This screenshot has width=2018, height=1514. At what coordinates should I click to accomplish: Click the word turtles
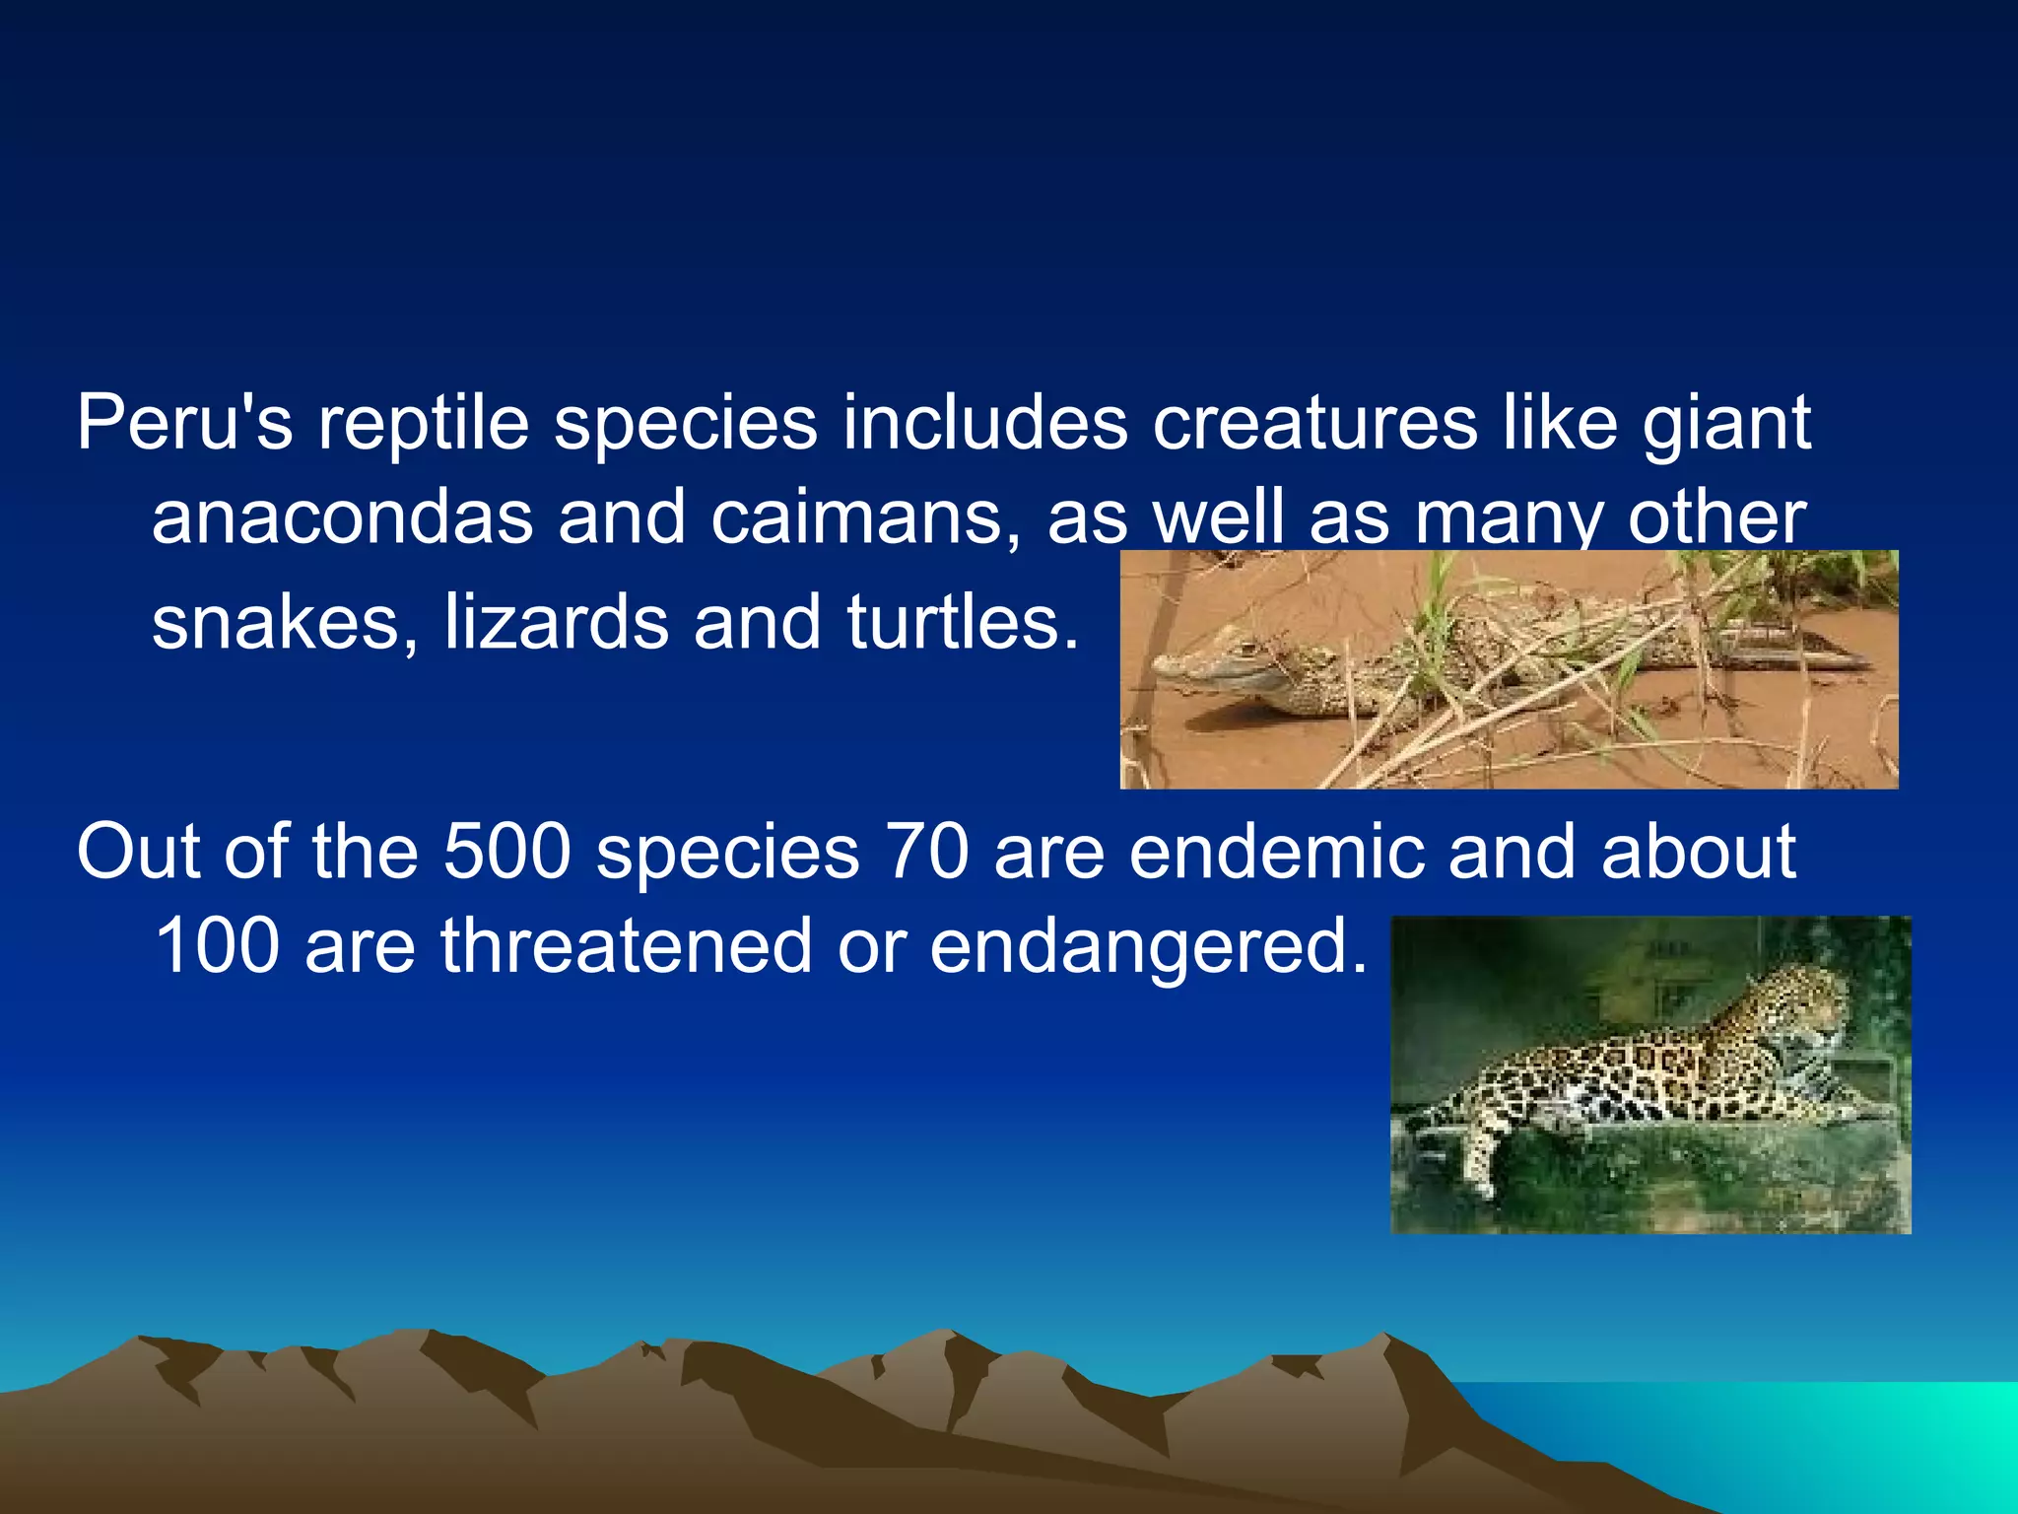tap(963, 623)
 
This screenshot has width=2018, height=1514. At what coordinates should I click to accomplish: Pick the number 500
tap(506, 852)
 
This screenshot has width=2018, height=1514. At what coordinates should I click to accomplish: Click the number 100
tap(217, 946)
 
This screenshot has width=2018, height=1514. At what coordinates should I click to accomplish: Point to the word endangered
tap(1148, 946)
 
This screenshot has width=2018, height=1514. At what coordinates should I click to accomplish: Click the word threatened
tap(626, 946)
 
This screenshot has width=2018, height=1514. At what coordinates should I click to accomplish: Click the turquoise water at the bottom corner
tap(1931, 1439)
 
